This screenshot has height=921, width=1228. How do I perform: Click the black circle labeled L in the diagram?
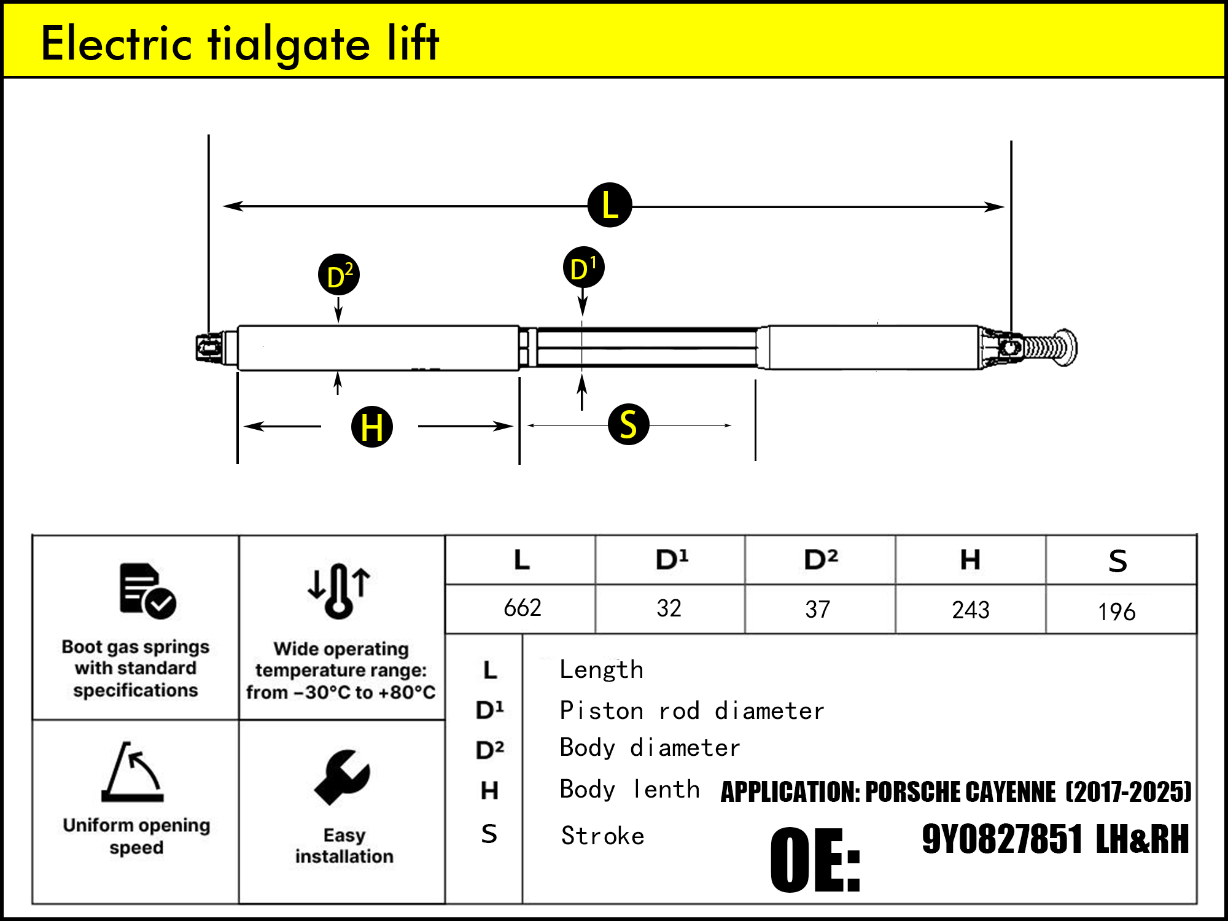(609, 205)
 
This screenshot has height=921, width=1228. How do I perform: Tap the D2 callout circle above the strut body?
(338, 275)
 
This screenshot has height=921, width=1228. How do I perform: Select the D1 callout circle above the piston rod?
(583, 268)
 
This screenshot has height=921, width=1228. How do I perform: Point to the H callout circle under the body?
(371, 426)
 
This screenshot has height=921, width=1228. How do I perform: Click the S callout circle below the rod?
(628, 424)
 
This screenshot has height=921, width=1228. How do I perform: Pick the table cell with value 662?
(522, 608)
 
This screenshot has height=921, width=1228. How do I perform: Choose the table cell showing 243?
(970, 610)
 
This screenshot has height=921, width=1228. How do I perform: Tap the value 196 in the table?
(1116, 612)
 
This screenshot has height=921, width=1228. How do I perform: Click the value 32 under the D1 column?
(669, 608)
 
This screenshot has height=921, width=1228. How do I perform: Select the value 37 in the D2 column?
(817, 610)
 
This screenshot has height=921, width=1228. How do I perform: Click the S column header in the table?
(1117, 561)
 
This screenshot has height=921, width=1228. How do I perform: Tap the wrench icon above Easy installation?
(342, 777)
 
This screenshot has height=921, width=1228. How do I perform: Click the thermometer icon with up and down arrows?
(339, 590)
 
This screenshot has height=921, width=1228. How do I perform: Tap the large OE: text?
(815, 860)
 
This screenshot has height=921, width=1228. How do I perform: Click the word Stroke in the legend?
(602, 836)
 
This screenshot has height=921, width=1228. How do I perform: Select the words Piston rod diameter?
(691, 711)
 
